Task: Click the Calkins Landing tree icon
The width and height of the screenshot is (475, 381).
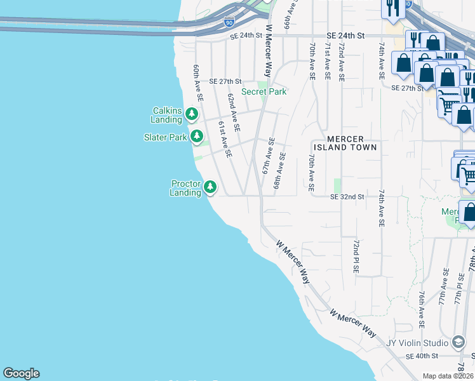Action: [190, 114]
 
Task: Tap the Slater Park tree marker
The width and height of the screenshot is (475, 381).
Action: [197, 136]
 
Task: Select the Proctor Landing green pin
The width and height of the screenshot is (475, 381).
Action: [210, 187]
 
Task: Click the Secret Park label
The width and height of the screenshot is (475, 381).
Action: [264, 92]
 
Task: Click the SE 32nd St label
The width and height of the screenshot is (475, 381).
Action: [347, 197]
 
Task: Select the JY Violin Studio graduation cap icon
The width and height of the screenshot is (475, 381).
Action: [457, 343]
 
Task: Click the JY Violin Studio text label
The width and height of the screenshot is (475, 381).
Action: [417, 343]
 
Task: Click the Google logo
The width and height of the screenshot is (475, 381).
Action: [21, 373]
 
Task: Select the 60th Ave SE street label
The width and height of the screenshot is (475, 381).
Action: [197, 83]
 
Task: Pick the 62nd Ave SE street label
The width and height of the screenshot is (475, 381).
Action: [233, 112]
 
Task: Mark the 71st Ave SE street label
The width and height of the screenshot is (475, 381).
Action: [327, 61]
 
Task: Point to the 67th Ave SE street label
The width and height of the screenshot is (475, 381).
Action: [269, 156]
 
